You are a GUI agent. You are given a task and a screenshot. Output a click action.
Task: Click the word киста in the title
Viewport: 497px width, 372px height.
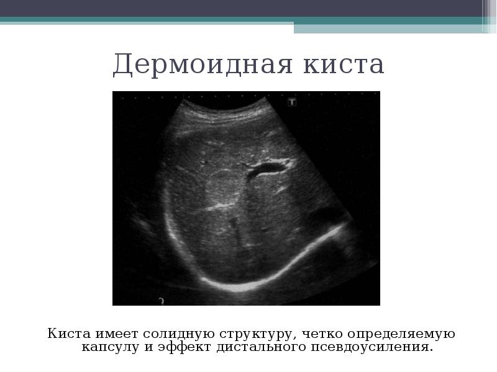pyautogui.click(x=342, y=64)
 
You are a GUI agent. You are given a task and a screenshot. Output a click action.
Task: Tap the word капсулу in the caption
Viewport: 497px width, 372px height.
pyautogui.click(x=109, y=347)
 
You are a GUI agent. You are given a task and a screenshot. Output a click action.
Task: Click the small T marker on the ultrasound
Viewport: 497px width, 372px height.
pyautogui.click(x=292, y=102)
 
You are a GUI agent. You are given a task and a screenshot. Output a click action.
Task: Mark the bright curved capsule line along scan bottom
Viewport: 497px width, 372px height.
pyautogui.click(x=248, y=282)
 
